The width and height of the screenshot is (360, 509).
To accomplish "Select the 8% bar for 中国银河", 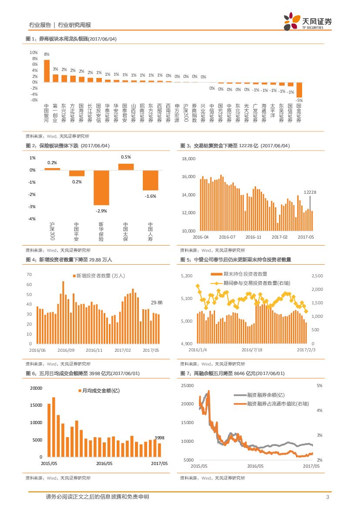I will tap(47, 71).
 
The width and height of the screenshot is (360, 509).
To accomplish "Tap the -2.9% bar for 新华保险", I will tap(101, 187).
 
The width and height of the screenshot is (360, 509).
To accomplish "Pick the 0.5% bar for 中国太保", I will tap(126, 167).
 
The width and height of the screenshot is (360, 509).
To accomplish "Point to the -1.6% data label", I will tap(151, 196).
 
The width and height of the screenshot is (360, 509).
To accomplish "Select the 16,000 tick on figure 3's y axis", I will tap(189, 177).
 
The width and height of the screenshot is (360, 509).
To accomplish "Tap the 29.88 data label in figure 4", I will tap(156, 302).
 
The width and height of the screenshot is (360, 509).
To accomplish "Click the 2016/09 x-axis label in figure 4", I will tap(66, 350).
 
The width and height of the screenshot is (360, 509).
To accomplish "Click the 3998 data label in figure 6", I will tap(160, 438).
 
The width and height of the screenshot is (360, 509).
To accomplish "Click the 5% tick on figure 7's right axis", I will tap(319, 386).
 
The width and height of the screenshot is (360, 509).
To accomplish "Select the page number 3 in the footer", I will tap(327, 497).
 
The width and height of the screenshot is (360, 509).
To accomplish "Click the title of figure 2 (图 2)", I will tap(67, 146).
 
